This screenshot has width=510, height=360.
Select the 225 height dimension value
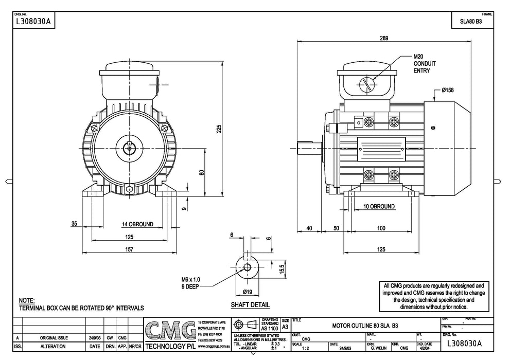click(218, 129)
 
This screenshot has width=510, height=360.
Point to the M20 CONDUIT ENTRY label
click(425, 63)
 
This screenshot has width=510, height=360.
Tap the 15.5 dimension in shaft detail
click(281, 268)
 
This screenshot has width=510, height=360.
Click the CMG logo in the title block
click(170, 331)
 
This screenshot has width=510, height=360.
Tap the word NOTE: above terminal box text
click(26, 300)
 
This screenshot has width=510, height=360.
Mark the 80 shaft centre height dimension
click(202, 172)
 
